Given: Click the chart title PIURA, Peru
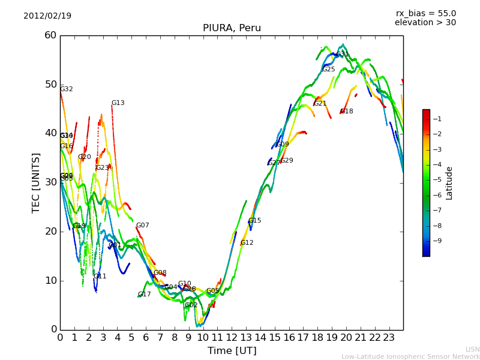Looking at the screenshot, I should [232, 28].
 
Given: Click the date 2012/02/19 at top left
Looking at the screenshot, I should [47, 16].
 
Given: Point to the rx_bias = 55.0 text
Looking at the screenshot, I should [425, 13].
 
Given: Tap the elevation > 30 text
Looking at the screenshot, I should [425, 23].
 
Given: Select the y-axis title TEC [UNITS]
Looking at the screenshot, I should [36, 182].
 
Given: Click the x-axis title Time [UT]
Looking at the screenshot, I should [232, 350].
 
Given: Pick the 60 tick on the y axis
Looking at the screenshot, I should [50, 35].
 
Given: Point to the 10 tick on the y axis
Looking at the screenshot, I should [50, 281].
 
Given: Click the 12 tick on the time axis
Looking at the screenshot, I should [232, 338].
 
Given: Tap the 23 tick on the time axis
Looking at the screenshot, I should [389, 338].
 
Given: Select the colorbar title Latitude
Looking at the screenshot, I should [449, 183].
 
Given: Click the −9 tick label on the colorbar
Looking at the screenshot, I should [437, 241].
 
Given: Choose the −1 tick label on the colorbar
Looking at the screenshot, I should [437, 119].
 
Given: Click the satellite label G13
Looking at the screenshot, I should [118, 103].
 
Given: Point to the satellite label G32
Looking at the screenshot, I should [66, 89].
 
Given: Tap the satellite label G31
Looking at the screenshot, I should [342, 54].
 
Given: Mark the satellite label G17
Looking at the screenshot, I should [144, 295].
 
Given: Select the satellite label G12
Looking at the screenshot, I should [247, 243].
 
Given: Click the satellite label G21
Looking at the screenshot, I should [320, 104].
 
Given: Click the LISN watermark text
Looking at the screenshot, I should [472, 349].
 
